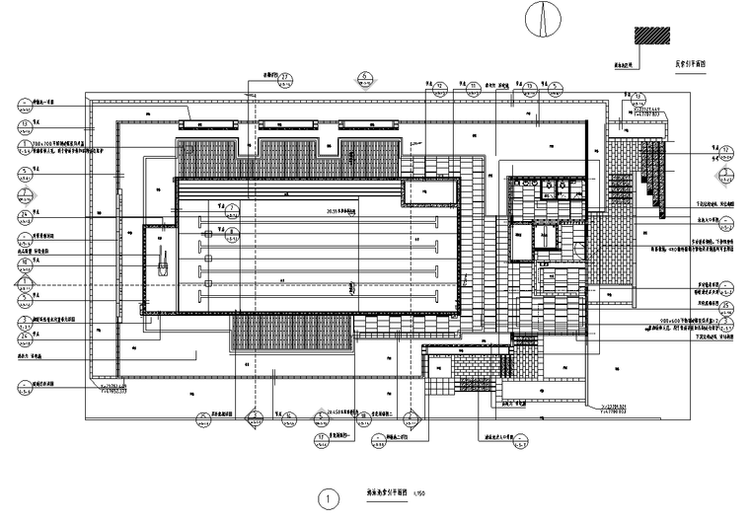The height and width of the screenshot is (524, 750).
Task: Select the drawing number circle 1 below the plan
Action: (x=325, y=498)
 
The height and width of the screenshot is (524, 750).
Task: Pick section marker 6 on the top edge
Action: (x=364, y=76)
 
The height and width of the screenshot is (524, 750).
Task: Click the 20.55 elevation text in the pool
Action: (x=338, y=211)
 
